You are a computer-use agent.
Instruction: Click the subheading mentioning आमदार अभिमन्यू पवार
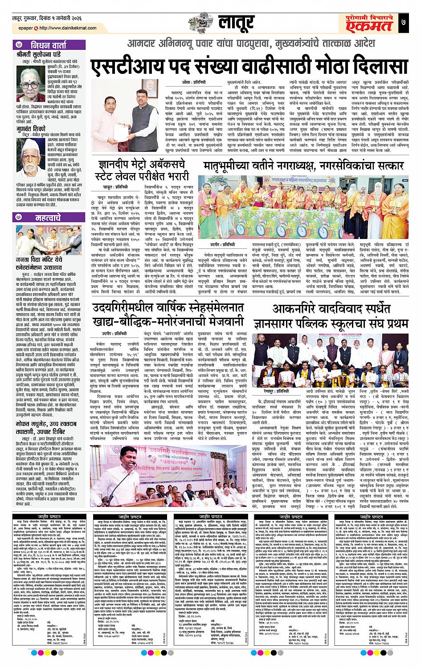coord(249,45)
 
